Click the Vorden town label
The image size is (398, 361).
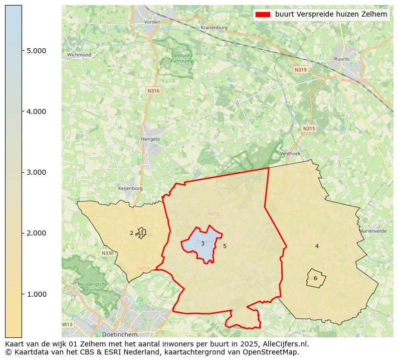(x=152, y=22)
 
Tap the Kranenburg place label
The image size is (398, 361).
(x=214, y=28)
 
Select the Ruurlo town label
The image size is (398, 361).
(x=341, y=59)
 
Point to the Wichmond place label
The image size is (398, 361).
(x=79, y=55)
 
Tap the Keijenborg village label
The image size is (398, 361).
(x=130, y=188)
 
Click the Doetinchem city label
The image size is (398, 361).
(x=116, y=334)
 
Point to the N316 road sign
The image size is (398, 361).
(x=153, y=91)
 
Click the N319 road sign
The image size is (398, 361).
(x=300, y=70)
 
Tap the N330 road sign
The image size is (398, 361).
(x=107, y=253)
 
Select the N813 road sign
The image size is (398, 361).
(x=68, y=324)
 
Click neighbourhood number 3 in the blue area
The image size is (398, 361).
(x=203, y=244)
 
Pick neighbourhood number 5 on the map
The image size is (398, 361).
(x=225, y=246)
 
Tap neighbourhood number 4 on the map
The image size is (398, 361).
(x=317, y=246)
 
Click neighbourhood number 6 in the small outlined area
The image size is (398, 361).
(x=315, y=278)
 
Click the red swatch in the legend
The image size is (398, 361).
(x=263, y=15)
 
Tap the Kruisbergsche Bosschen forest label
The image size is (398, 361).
(x=93, y=287)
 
